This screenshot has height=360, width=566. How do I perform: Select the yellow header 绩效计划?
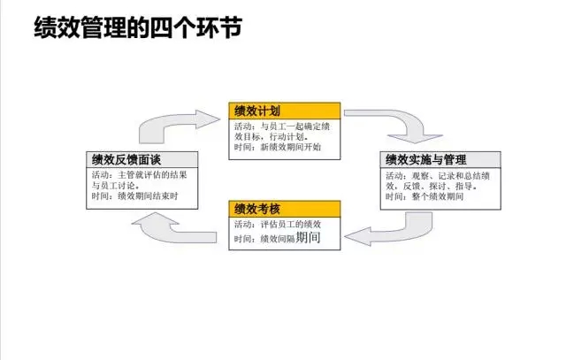[257, 111]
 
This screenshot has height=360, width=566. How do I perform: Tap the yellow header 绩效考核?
[257, 209]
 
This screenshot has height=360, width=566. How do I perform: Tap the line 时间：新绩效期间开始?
[278, 147]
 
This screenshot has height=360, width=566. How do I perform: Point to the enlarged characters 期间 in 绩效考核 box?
[309, 238]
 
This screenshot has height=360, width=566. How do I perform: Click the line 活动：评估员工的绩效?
[277, 225]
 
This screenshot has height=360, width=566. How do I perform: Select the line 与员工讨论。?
[115, 186]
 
